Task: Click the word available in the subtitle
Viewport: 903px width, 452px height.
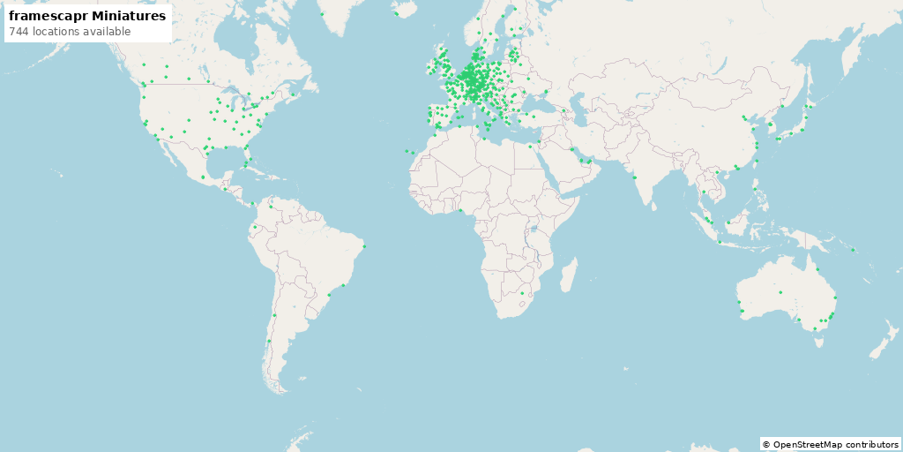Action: [108, 32]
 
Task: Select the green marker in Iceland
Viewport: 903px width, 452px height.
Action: [397, 13]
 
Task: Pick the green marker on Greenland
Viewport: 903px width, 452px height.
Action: [323, 14]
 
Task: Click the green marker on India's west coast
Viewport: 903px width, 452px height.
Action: [634, 177]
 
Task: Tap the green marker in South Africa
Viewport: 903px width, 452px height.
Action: [522, 293]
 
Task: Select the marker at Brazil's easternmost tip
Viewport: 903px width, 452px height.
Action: [363, 246]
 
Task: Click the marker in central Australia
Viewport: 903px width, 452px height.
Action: [780, 292]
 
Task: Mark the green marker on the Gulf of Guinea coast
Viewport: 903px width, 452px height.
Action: [461, 210]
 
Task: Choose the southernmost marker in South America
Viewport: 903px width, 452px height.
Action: [268, 341]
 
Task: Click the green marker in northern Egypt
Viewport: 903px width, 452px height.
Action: [530, 147]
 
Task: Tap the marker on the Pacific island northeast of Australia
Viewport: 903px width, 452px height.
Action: [854, 250]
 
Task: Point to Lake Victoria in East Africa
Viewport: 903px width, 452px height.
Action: [534, 229]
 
